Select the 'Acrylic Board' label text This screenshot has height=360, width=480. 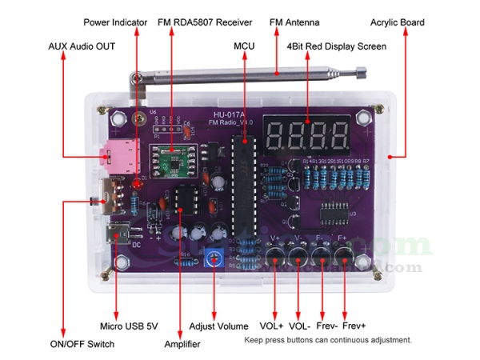pyautogui.click(x=398, y=22)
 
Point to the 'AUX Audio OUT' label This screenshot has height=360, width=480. pyautogui.click(x=82, y=47)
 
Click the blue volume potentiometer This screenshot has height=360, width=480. pyautogui.click(x=214, y=258)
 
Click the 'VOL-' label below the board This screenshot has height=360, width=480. pyautogui.click(x=300, y=326)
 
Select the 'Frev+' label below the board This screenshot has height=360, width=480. pyautogui.click(x=354, y=326)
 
